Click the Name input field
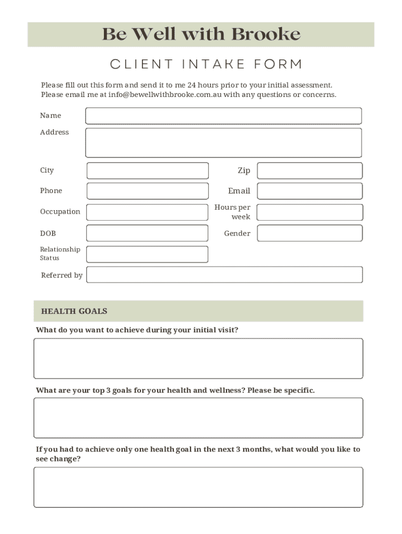pos(223,116)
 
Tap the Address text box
pos(223,142)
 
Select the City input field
pos(147,171)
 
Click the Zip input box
pos(310,171)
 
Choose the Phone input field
pos(147,191)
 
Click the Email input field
pos(310,191)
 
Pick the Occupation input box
pos(147,212)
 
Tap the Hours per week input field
pos(310,212)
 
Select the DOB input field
pos(147,233)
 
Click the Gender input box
pos(310,233)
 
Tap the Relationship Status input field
pos(147,254)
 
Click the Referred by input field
pos(224,275)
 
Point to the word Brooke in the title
pos(265,34)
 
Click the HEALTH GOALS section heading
pos(74,311)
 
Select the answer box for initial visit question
pos(198,358)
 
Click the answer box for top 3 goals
pos(198,418)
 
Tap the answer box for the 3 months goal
pos(198,487)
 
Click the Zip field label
pos(244,171)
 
